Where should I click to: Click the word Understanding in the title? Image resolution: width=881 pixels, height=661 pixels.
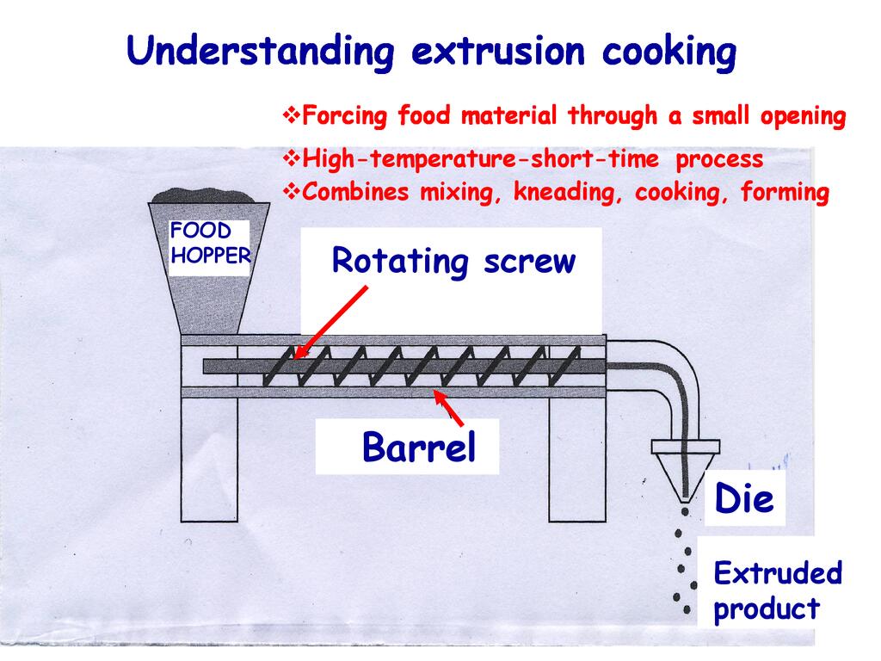pyautogui.click(x=260, y=52)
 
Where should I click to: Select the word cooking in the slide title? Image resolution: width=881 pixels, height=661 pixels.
pyautogui.click(x=668, y=52)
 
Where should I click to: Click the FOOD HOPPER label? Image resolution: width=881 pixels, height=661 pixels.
pyautogui.click(x=208, y=244)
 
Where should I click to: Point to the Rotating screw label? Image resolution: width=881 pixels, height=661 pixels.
pyautogui.click(x=453, y=261)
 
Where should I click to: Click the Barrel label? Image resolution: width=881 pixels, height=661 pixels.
pyautogui.click(x=418, y=448)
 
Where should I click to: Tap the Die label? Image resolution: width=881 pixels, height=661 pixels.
pyautogui.click(x=744, y=498)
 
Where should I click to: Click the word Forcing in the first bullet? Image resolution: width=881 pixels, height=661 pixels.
pyautogui.click(x=343, y=115)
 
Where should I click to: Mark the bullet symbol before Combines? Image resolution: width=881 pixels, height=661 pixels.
pyautogui.click(x=292, y=191)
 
